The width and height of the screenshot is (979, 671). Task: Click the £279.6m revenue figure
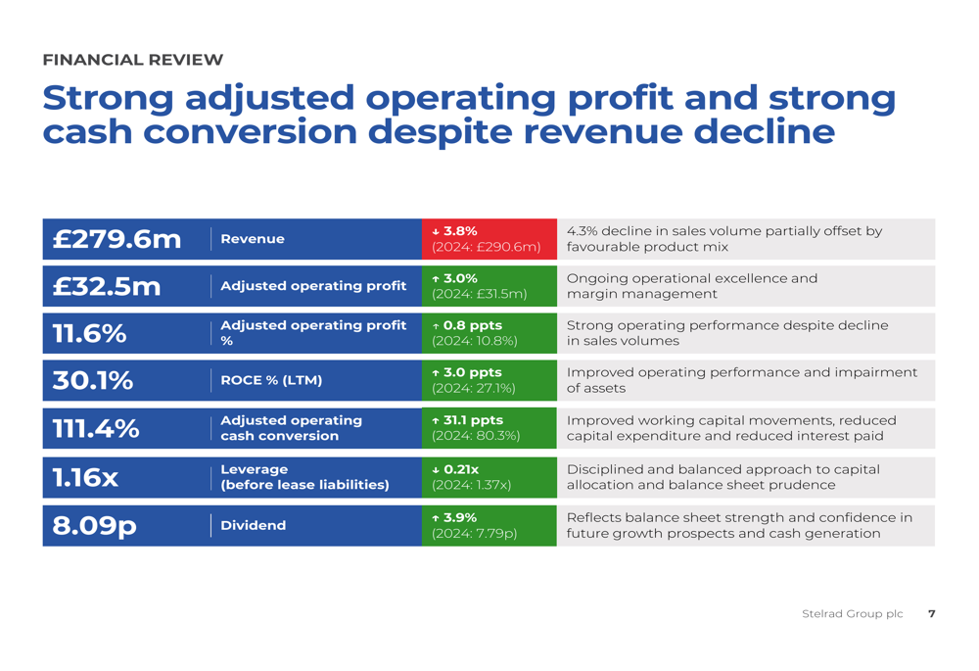117,239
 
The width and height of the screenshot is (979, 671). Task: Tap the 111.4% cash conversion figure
95,428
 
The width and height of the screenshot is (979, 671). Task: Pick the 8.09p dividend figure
94,526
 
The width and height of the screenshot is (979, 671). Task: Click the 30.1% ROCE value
92,380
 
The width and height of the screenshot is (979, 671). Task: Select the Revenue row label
253,239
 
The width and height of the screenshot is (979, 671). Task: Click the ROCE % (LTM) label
271,380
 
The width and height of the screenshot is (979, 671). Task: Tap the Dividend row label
253,526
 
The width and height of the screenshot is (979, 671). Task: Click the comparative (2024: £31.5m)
480,294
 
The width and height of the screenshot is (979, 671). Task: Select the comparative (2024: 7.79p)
475,534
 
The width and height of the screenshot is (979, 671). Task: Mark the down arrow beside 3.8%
436,231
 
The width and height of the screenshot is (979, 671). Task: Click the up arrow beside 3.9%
436,518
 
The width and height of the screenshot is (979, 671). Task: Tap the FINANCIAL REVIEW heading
133,60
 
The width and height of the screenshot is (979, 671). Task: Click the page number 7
931,614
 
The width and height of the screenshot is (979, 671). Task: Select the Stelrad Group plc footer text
852,614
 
